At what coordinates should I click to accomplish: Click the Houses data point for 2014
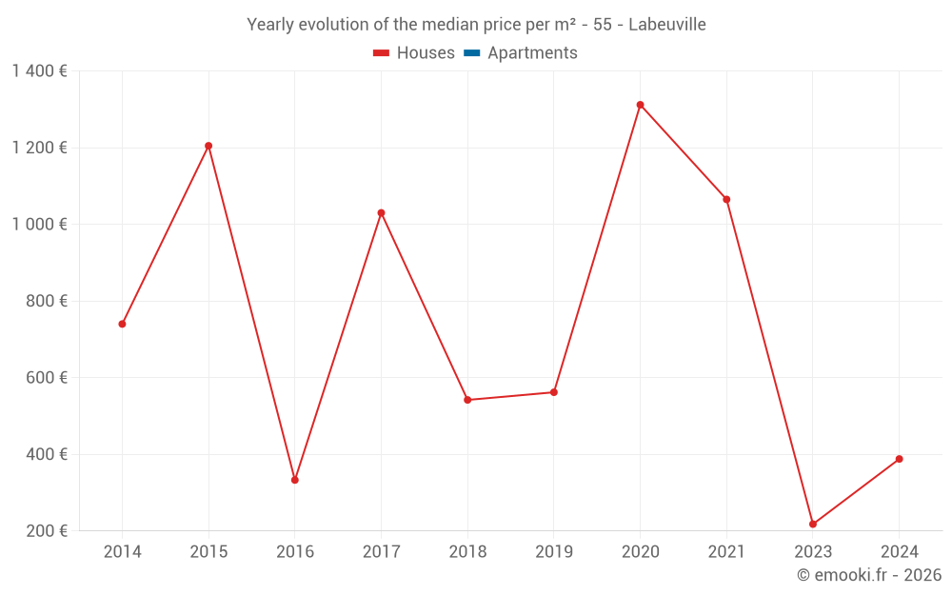pos(122,324)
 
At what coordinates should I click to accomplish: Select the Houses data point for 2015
pos(208,146)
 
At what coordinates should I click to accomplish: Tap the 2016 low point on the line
pos(295,480)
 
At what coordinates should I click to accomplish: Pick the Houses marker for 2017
pos(381,212)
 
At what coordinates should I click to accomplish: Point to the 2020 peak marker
pos(640,105)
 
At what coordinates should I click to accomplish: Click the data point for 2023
pos(813,524)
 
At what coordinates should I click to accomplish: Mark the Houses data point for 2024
pos(899,459)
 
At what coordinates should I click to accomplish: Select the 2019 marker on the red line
pos(554,392)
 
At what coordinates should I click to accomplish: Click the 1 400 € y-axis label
pos(39,71)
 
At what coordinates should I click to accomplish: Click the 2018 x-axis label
pos(467,552)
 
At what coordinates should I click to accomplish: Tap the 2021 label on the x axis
pos(726,552)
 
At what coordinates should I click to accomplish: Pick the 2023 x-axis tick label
pos(813,552)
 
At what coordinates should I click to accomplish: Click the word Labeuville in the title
pos(667,25)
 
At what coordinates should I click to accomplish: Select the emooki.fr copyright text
pos(869,575)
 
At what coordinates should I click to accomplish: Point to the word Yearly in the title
pos(270,25)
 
